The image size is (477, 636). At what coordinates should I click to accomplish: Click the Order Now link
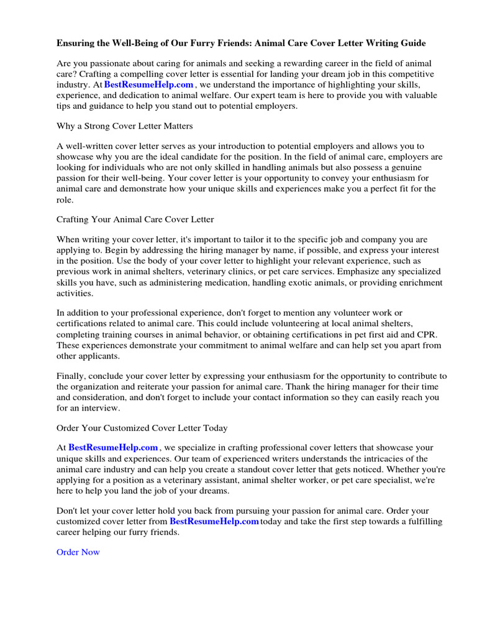coord(78,552)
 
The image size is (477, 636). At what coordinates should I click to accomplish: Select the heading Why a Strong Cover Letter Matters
coord(124,126)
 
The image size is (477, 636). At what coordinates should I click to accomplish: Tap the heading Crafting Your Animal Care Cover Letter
coord(135,219)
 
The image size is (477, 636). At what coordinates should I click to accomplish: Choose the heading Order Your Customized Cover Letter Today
coord(142,428)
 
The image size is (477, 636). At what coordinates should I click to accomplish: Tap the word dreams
coord(213,491)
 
